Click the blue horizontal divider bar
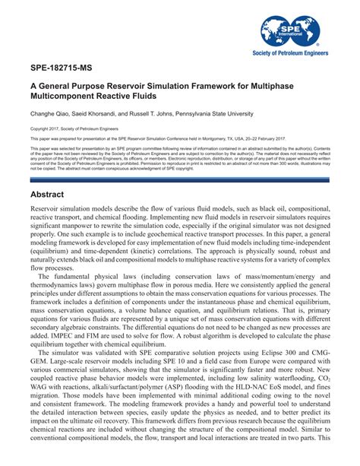180,179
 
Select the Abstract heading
52,195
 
